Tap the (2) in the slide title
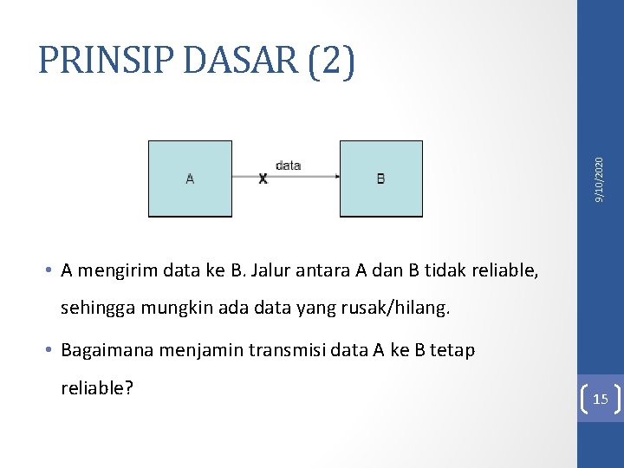[330, 62]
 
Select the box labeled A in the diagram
[190, 179]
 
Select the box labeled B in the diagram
[380, 179]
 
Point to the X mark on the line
[263, 179]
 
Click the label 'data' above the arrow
[288, 165]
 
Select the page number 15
[600, 399]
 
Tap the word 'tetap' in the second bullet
[453, 351]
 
